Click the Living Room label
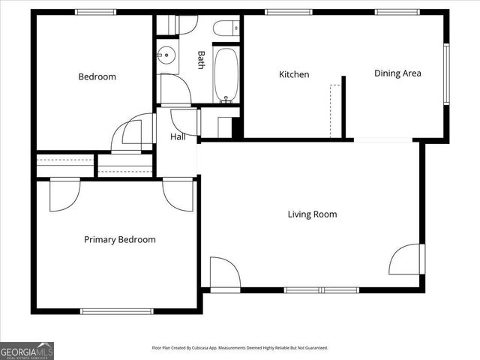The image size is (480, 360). coord(312,214)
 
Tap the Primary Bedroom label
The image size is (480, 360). coord(119,240)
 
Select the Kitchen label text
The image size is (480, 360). coord(294,74)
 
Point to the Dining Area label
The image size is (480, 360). coord(397,73)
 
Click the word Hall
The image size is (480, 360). coord(178,137)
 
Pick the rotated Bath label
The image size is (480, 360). coord(201,60)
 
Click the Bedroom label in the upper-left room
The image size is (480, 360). coord(97,76)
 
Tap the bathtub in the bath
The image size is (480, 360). coord(225,75)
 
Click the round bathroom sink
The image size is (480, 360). coord(166,55)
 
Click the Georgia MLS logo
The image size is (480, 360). coord(27,350)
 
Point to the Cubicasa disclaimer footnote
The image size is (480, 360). coord(240,348)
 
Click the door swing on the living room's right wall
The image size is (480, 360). coord(406,259)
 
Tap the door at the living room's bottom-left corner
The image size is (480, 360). coord(223,273)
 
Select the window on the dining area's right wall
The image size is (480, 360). coord(446,73)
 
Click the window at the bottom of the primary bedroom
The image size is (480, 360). coord(117,311)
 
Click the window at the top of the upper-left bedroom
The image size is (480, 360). coord(95,12)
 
